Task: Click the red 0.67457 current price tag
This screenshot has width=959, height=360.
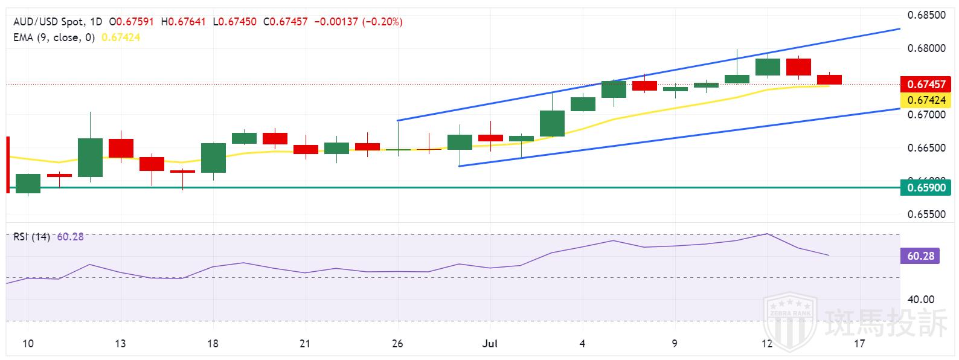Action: (926, 85)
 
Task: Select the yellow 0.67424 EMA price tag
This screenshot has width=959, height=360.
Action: (926, 100)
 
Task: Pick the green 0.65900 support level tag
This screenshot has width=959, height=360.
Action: (926, 188)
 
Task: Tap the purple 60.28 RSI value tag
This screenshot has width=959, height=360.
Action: (920, 256)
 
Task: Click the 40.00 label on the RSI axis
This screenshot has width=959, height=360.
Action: (922, 300)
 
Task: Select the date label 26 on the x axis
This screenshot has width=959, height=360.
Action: (397, 344)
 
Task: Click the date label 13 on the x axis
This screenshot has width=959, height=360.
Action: (120, 344)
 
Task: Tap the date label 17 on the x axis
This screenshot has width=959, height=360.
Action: (859, 344)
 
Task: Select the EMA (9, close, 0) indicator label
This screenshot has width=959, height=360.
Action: (54, 37)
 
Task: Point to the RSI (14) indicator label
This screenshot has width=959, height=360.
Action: (32, 237)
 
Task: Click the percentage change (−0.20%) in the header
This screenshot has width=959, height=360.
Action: (383, 22)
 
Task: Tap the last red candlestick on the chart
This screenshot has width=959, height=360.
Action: (829, 80)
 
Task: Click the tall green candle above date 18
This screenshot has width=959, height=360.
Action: (213, 158)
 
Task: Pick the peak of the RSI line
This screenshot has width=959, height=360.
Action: (767, 234)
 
